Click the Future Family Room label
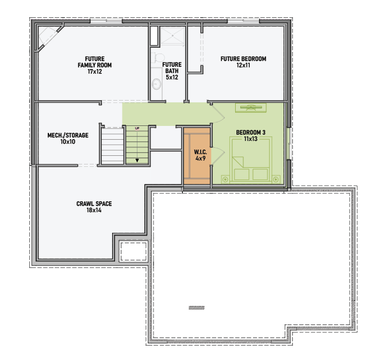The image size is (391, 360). click(x=95, y=62)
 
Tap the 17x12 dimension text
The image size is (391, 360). click(x=95, y=72)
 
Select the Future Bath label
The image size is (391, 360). click(x=172, y=68)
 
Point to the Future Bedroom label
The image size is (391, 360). click(x=243, y=59)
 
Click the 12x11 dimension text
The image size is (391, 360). click(x=243, y=66)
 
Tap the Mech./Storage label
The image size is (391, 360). click(x=68, y=135)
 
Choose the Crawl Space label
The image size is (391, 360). click(x=94, y=204)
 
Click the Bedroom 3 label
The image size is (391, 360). click(x=251, y=132)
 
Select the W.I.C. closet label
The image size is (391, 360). click(x=201, y=152)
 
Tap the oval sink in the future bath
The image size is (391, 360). click(x=157, y=84)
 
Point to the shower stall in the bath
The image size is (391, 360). click(x=172, y=36)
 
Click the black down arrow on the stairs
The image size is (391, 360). click(x=137, y=160)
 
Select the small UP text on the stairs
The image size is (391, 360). click(x=137, y=128)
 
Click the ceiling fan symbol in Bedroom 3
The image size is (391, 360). click(x=251, y=108)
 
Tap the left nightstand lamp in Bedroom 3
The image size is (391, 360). click(x=225, y=179)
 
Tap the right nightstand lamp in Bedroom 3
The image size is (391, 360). click(x=275, y=179)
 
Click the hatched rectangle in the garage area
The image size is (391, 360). click(x=197, y=308)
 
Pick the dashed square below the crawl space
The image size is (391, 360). click(x=133, y=251)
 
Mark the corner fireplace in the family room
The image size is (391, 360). click(x=47, y=37)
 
